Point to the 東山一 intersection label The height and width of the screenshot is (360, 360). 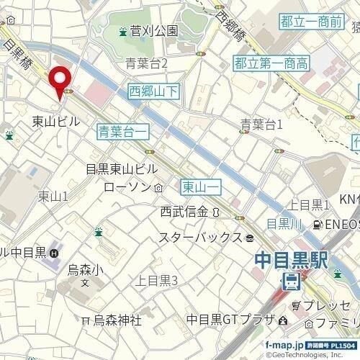click(x=199, y=186)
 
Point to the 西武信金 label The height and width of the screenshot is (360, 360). click(x=184, y=212)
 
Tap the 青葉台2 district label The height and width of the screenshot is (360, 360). click(x=146, y=64)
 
